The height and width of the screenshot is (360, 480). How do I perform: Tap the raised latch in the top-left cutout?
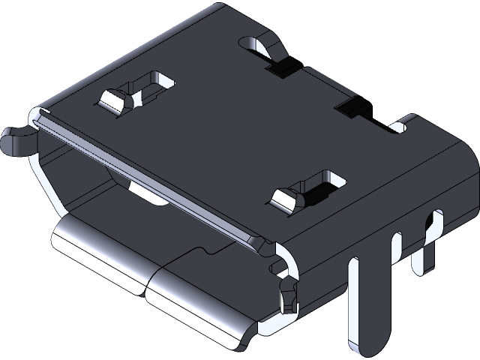coord(114,99)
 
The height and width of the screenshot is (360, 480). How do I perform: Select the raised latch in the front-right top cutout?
coord(285,200)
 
